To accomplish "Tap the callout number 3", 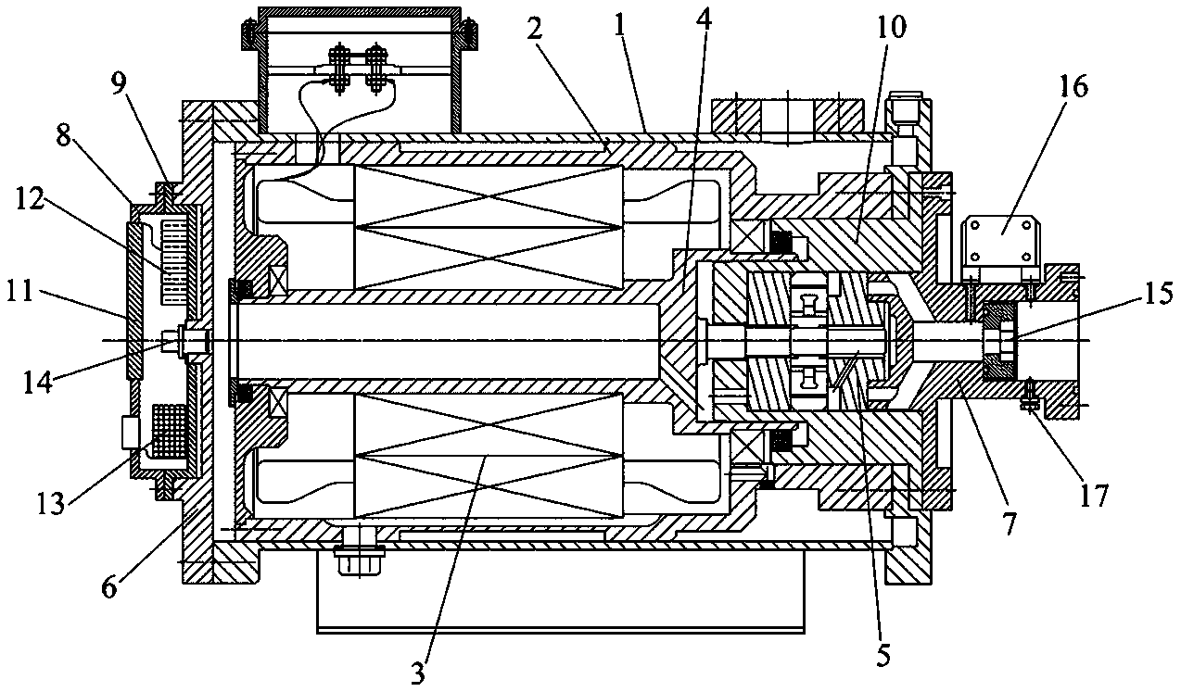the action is pyautogui.click(x=417, y=673).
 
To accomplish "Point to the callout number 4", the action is pyautogui.click(x=704, y=20).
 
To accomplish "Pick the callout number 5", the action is pyautogui.click(x=883, y=655).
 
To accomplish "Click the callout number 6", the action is pyautogui.click(x=109, y=586).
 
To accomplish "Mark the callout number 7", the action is pyautogui.click(x=1008, y=523).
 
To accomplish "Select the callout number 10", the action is pyautogui.click(x=889, y=28).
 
